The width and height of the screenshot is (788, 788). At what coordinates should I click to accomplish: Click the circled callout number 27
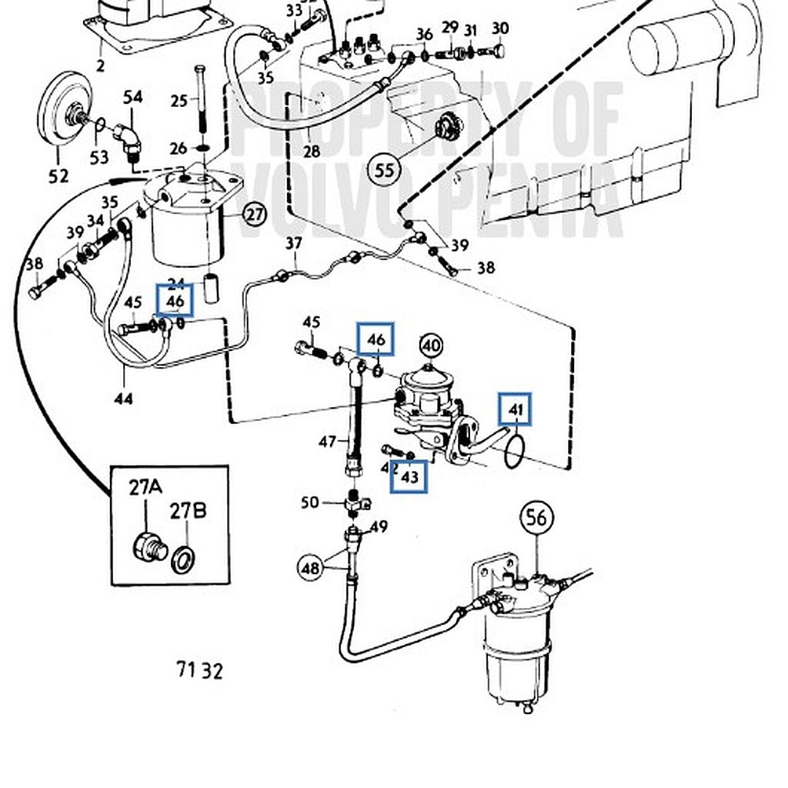pos(255,215)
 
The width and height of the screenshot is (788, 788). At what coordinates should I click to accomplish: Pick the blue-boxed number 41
pos(515,410)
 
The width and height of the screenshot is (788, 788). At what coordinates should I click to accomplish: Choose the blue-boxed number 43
pos(409,477)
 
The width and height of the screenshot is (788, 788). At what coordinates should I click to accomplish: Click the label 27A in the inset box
pos(145,487)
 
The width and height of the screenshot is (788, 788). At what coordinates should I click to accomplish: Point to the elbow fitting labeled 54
pos(129,142)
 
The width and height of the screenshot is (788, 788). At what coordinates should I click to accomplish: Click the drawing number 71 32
pos(199,670)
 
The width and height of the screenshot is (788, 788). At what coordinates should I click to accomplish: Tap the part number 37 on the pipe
pos(294,244)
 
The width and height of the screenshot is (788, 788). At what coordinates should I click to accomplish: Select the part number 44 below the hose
pos(123,398)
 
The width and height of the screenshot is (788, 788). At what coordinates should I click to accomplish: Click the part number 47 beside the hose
pos(328,442)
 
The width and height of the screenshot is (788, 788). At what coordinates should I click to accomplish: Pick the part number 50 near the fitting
pos(309,503)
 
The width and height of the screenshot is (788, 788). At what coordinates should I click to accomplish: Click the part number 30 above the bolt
pos(500,28)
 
